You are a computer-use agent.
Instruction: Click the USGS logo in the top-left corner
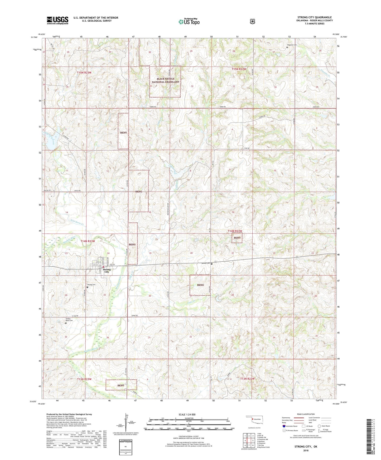pyautogui.click(x=57, y=20)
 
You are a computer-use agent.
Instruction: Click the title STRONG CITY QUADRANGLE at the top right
pyautogui.click(x=315, y=17)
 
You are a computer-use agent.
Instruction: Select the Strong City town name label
pyautogui.click(x=107, y=271)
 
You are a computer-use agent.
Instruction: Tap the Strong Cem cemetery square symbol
pyautogui.click(x=88, y=287)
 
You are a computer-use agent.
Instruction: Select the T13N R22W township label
pyautogui.click(x=248, y=379)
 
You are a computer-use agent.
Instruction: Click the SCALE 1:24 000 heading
pyautogui.click(x=187, y=414)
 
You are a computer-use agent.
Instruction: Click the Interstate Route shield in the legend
pyautogui.click(x=283, y=426)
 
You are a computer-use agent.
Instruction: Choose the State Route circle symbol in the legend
pyautogui.click(x=319, y=426)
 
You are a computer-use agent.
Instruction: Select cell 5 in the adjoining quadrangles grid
pyautogui.click(x=253, y=441)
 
